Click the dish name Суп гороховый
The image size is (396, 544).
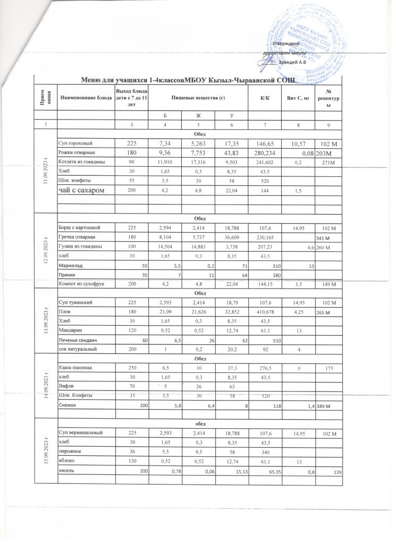pyautogui.click(x=73, y=143)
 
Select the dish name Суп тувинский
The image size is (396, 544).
pyautogui.click(x=75, y=302)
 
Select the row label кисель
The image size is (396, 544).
pyautogui.click(x=66, y=469)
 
